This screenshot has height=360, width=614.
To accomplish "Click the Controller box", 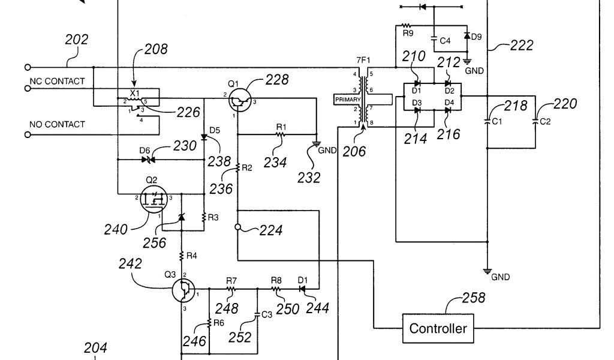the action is point(438,328).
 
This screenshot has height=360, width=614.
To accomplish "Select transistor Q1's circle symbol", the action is point(240,100).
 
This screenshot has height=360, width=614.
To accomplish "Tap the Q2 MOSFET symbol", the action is point(153,199).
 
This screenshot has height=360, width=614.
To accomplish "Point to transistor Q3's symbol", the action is point(183,290).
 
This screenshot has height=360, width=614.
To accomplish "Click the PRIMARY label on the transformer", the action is point(347,100).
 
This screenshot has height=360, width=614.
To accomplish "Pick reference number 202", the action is point(76,40).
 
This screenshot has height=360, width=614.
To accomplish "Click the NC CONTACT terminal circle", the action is point(28,89).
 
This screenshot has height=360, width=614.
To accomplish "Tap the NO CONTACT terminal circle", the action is point(28,135).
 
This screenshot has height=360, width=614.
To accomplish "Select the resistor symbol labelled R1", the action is point(281,134).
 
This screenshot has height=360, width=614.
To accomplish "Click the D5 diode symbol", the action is point(204,137).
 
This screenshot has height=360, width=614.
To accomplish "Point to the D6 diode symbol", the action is point(148,160).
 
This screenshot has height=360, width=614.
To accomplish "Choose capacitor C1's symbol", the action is point(487,121).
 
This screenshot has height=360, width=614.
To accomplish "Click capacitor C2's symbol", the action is point(535,121).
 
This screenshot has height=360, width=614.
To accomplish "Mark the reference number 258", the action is point(474,298).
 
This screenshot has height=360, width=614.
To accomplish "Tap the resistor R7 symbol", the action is point(231,289).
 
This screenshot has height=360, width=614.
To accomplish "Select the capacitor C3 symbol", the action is point(257,314).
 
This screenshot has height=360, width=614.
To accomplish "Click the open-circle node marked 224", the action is point(237,227).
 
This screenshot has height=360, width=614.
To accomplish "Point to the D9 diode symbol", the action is point(466,35).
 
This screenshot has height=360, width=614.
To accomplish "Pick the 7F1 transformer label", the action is point(363,60).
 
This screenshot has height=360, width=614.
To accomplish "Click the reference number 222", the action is point(522,46).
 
